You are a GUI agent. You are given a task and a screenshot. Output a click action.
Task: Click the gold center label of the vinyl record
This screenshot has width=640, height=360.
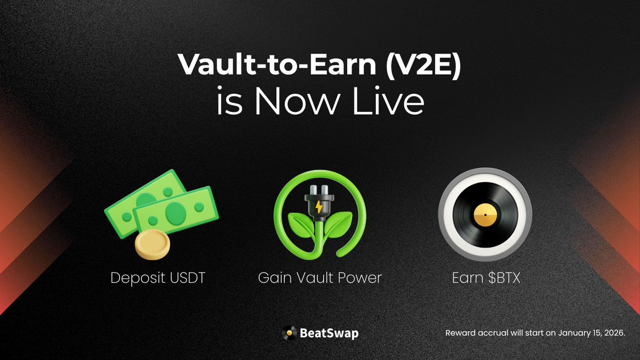485,215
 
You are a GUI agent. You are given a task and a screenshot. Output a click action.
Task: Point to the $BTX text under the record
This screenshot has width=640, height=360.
502,278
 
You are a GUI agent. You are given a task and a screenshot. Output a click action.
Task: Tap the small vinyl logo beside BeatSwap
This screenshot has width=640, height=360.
289,333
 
